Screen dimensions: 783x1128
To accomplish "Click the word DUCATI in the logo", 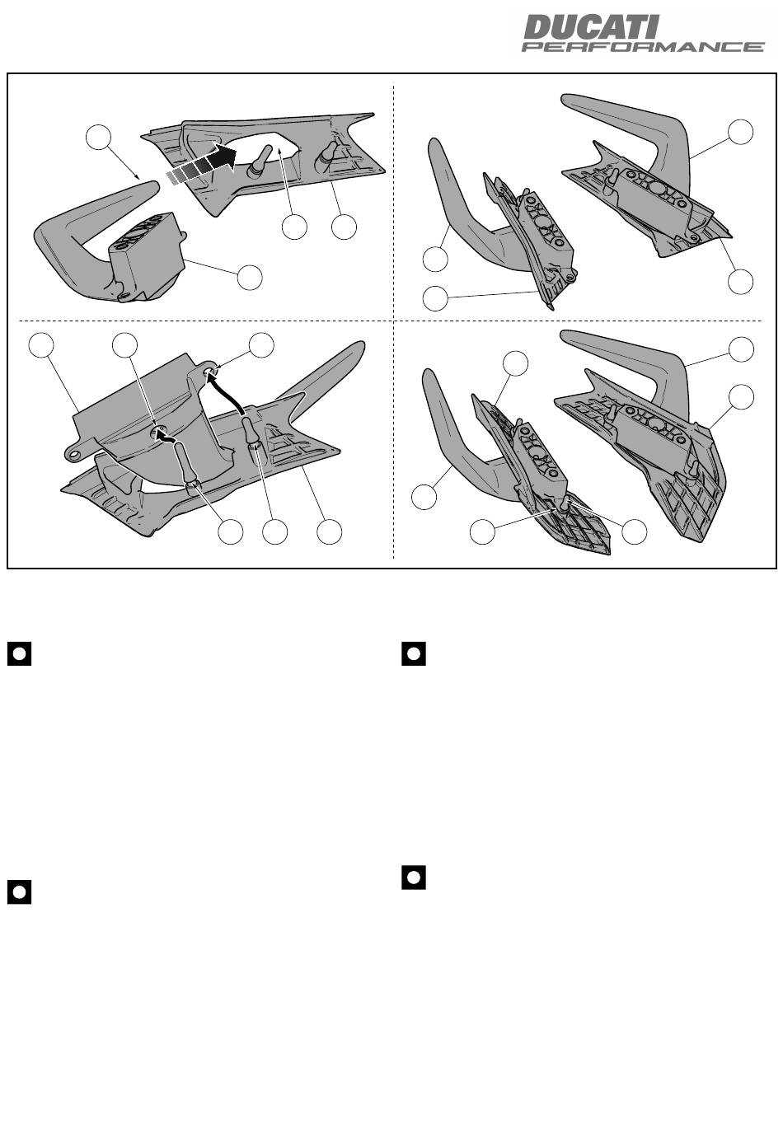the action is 591,27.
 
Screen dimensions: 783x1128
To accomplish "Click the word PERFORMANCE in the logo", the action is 643,47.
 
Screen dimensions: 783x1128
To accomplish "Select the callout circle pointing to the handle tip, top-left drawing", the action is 100,138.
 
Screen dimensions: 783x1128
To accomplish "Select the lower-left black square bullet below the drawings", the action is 20,892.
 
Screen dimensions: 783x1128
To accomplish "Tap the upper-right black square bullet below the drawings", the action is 414,654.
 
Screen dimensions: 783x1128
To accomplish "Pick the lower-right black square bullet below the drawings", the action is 414,878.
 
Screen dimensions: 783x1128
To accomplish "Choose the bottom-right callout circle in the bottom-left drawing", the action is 330,532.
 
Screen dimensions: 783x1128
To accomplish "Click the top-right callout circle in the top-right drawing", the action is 741,132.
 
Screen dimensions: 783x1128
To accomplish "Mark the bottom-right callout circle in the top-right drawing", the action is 741,281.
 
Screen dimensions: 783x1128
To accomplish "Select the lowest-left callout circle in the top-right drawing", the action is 435,298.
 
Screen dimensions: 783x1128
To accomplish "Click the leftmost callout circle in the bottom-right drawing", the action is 424,498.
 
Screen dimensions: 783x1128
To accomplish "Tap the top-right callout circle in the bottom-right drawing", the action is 742,349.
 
